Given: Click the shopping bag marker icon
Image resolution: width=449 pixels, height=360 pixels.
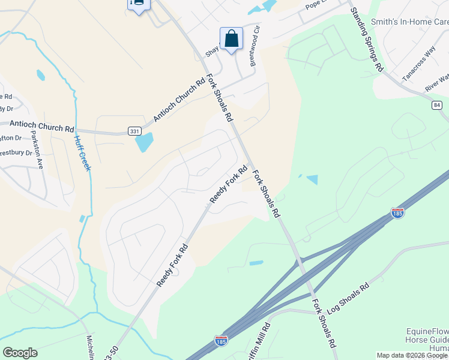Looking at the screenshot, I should [231, 39].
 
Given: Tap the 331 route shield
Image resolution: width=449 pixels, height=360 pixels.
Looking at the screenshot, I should [134, 130].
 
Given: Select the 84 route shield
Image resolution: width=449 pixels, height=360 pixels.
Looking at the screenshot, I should [436, 105].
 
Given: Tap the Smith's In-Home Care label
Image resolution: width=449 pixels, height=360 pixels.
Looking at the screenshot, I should [410, 22].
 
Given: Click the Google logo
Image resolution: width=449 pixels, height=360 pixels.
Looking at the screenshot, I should [20, 353].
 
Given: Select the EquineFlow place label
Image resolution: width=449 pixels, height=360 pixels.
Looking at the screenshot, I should [427, 331].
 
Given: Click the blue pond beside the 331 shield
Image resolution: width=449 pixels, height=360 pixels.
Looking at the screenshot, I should [144, 142].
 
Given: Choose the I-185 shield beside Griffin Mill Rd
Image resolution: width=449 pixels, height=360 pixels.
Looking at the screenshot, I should [221, 341].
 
